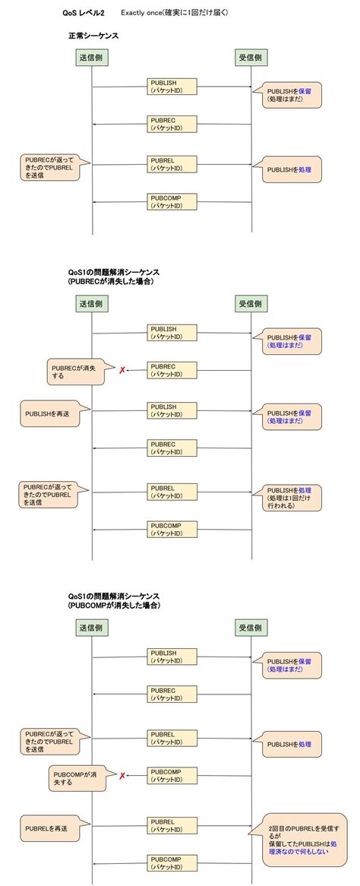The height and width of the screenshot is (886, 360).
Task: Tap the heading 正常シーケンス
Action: (x=93, y=36)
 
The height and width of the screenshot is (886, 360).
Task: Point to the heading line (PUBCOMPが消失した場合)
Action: (x=114, y=606)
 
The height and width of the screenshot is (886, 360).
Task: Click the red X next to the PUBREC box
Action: (x=121, y=370)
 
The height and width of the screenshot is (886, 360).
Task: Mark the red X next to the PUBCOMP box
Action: (x=122, y=775)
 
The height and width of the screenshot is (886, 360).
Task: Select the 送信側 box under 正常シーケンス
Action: (x=91, y=59)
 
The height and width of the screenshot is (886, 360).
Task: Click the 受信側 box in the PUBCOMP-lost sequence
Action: (x=251, y=628)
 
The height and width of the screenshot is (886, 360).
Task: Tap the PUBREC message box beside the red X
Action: (x=172, y=370)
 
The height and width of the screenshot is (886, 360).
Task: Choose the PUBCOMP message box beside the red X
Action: (x=172, y=775)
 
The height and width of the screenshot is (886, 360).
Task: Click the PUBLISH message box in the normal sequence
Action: (x=172, y=87)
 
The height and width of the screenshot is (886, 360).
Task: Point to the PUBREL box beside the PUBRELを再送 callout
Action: (x=172, y=824)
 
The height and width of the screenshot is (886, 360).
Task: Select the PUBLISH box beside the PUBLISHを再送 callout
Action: (x=172, y=410)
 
